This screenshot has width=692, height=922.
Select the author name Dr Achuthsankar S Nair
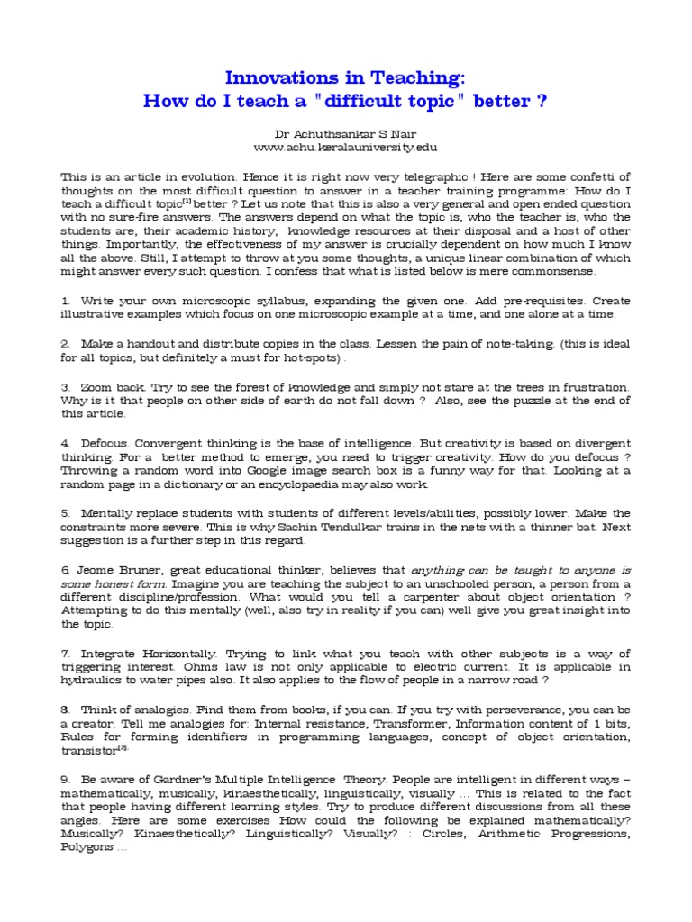[x=345, y=132]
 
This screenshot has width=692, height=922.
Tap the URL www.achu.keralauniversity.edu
[x=345, y=147]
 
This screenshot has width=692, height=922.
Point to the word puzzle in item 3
[x=520, y=401]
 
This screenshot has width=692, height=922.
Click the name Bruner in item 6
[x=133, y=571]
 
